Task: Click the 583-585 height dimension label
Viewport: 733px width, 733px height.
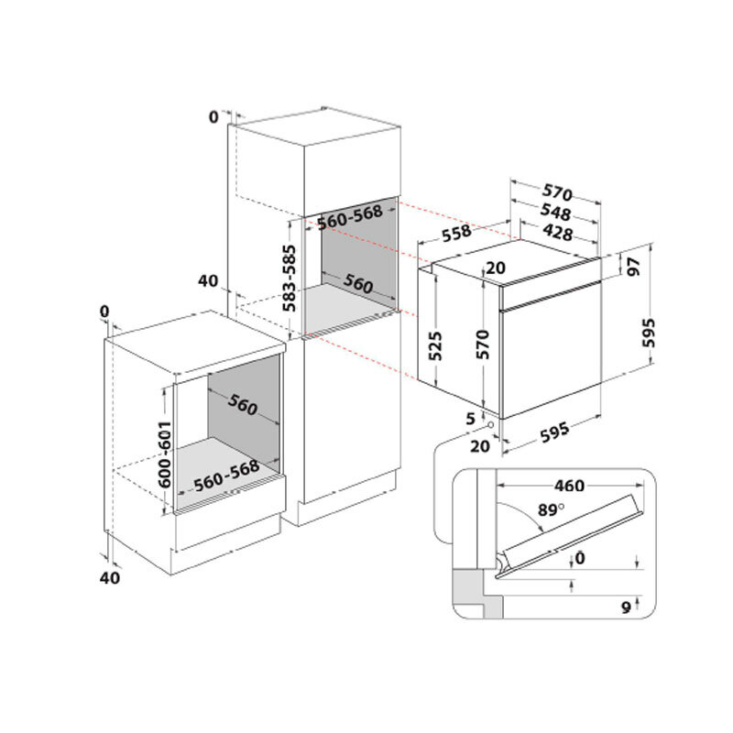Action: click(x=290, y=279)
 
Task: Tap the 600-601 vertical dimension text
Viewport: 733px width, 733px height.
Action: click(x=165, y=454)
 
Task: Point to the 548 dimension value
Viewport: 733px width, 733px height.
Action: click(x=556, y=212)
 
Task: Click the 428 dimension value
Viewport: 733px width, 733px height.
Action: click(x=558, y=232)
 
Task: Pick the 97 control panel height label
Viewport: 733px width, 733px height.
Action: click(x=634, y=267)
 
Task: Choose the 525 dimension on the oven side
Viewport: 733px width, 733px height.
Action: click(x=435, y=346)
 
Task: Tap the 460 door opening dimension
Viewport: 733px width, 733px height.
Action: click(x=569, y=486)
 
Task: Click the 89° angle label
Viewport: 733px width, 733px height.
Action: click(x=552, y=509)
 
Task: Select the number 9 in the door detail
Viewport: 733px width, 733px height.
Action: click(x=626, y=607)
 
